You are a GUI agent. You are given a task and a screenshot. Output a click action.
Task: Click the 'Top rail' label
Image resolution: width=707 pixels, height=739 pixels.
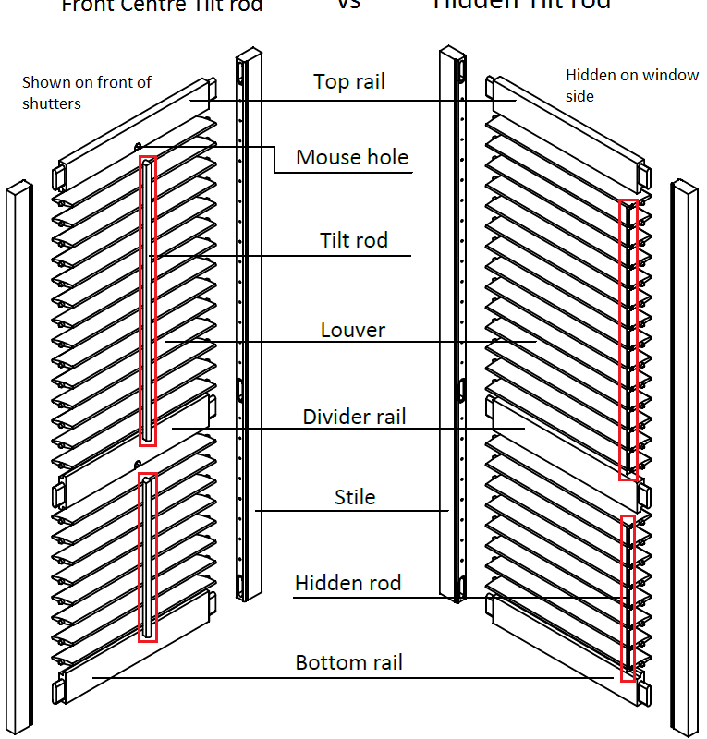click(x=348, y=82)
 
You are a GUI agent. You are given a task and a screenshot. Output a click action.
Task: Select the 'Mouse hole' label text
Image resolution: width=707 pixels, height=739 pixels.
click(x=351, y=157)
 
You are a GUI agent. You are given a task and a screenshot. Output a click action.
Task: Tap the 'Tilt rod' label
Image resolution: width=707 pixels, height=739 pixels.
click(x=353, y=241)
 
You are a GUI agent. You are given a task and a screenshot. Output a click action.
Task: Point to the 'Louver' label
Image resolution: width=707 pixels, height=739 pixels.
click(x=352, y=330)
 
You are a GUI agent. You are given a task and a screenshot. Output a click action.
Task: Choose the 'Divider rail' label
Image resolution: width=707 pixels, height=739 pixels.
click(x=354, y=417)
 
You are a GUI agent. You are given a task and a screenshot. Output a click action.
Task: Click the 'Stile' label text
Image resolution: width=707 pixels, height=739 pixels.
click(x=354, y=497)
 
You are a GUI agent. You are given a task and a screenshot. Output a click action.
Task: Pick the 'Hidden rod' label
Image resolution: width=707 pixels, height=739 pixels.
click(x=347, y=583)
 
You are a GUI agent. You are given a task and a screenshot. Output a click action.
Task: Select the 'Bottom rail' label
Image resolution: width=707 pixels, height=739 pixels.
click(x=348, y=662)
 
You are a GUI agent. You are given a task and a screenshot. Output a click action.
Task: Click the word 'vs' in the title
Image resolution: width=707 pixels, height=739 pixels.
click(x=347, y=5)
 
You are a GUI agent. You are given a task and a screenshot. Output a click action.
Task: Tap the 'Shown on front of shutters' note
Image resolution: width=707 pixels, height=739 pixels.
click(x=86, y=92)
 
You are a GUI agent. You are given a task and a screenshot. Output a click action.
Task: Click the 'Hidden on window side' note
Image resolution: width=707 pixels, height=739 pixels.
click(x=632, y=84)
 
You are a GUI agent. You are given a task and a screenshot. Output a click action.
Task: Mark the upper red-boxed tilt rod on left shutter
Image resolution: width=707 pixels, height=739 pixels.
click(x=148, y=300)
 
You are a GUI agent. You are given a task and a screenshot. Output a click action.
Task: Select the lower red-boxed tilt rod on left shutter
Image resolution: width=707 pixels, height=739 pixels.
click(x=148, y=557)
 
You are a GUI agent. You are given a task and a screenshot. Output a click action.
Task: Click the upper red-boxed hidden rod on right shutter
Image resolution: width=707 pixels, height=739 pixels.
click(x=628, y=339)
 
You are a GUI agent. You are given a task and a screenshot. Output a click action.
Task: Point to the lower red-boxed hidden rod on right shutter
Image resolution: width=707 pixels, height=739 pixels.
click(x=628, y=599)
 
